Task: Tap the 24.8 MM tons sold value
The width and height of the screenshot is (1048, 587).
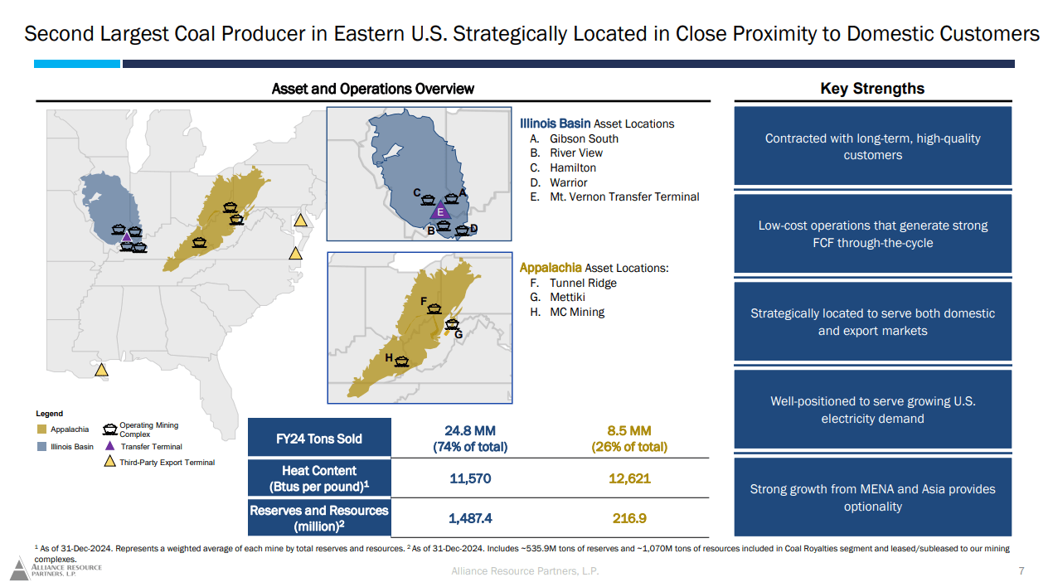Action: (x=469, y=431)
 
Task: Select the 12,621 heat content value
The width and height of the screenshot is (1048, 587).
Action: (x=628, y=478)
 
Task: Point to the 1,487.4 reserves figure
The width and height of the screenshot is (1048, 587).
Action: (x=470, y=518)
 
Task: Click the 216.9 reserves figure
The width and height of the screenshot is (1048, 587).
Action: (x=628, y=518)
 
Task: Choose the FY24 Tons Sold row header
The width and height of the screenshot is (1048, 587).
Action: (x=318, y=439)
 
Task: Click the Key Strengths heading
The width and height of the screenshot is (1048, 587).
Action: (x=872, y=89)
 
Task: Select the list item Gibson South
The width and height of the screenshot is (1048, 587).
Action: (x=584, y=138)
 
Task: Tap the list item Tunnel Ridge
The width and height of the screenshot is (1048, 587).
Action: (x=583, y=283)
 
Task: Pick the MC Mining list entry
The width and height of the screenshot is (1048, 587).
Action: (x=577, y=312)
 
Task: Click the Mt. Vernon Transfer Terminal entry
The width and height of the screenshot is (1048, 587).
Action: (x=624, y=196)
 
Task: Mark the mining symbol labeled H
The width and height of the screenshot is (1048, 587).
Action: (x=402, y=361)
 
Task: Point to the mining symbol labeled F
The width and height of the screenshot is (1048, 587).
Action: (x=434, y=308)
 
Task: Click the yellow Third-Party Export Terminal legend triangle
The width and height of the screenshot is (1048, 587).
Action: (x=109, y=462)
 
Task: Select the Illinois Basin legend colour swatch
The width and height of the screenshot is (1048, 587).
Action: (x=41, y=447)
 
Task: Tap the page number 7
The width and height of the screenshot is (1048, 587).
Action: (x=1021, y=571)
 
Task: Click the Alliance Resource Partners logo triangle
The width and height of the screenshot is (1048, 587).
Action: (x=19, y=570)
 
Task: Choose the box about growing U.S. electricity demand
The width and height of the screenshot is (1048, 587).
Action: (x=872, y=410)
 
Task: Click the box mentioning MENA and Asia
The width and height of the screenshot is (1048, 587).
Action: (x=872, y=497)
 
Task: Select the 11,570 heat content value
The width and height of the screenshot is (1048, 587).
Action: (x=470, y=478)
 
